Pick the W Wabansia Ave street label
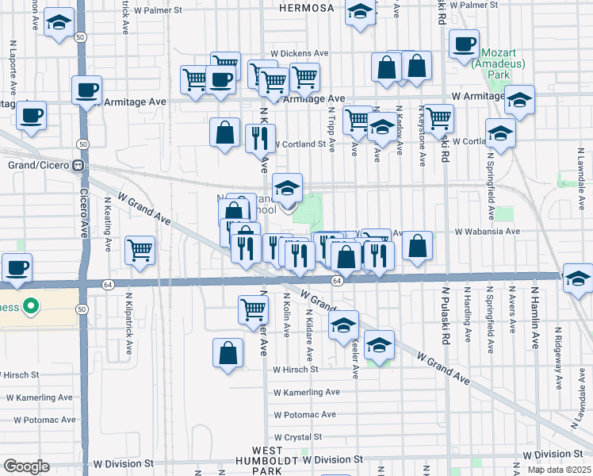click(486, 232)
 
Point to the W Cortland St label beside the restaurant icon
click(299, 144)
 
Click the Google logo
click(26, 466)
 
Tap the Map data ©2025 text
click(559, 470)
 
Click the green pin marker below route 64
click(30, 305)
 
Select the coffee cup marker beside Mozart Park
click(465, 44)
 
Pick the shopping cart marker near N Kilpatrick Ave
click(140, 249)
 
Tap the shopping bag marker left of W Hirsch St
click(228, 353)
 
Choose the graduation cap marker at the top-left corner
click(58, 23)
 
